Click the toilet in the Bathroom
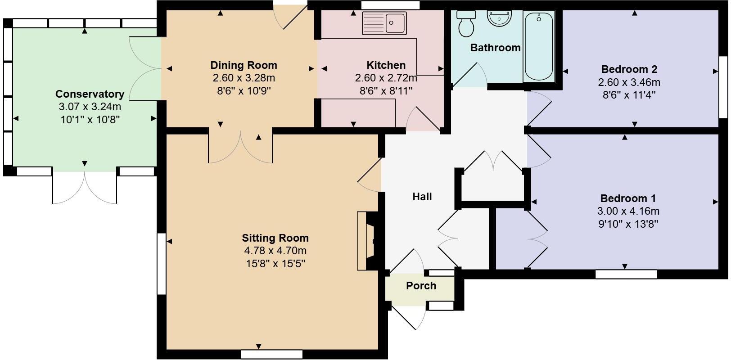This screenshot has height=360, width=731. coord(466,25)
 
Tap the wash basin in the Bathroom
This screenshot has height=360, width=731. coord(499,19)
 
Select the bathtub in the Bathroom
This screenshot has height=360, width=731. coord(538,46)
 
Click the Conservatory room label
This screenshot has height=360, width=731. coord(90,94)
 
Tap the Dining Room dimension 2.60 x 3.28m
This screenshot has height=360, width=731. coord(244,78)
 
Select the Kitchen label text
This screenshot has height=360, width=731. coord(386,65)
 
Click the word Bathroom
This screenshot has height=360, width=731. coord(495,47)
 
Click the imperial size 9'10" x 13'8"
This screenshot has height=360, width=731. coord(628,224)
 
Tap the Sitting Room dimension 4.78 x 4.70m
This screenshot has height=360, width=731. coord(275,251)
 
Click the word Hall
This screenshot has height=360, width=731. coord(422,197)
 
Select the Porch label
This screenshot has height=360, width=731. coord(421,286)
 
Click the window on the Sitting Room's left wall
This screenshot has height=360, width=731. coord(162,264)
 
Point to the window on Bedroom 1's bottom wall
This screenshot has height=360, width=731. coord(626,274)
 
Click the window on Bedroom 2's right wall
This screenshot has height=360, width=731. coord(723,87)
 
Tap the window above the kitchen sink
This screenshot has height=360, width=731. coord(390,5)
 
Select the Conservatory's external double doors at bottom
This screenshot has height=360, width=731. coord(85,187)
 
